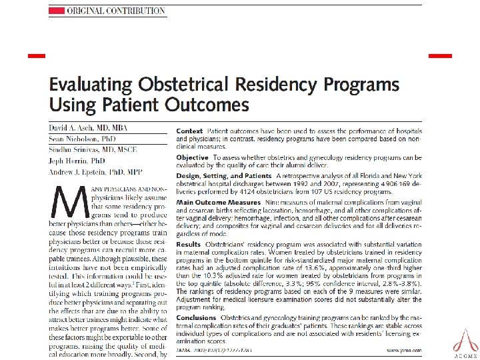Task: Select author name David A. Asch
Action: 87,127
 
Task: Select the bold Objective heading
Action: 193,157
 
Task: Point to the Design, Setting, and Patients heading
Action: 223,175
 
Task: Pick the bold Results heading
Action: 188,245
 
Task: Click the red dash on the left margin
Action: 37,54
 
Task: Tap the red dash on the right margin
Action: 439,54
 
